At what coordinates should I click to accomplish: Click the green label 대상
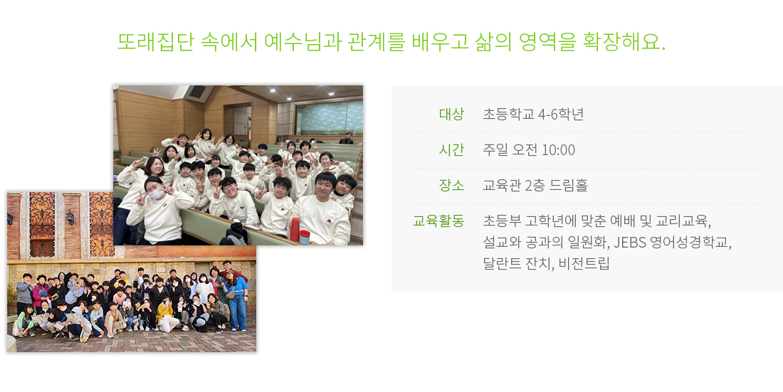click(451, 114)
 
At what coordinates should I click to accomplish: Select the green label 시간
click(451, 149)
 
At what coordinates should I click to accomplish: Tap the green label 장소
click(451, 185)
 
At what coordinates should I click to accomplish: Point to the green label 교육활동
click(438, 221)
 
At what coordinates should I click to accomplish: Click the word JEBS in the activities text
click(630, 242)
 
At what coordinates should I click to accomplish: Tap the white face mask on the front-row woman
click(156, 194)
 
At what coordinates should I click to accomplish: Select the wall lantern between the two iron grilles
click(70, 217)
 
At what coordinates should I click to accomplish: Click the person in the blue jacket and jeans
click(237, 302)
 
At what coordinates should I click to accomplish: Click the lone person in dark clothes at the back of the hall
click(346, 138)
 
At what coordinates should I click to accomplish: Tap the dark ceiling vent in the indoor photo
click(196, 92)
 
